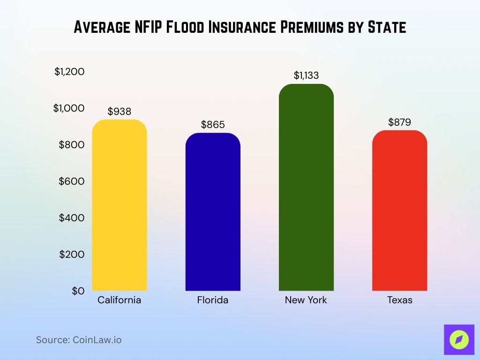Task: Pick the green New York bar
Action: coord(306,187)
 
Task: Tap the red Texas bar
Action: coord(399,211)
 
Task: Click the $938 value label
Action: coord(120,112)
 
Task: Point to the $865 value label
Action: coord(213,125)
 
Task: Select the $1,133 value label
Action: coord(306,75)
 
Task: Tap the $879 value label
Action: coord(399,122)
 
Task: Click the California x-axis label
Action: coord(120,300)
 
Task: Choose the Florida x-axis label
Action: coord(213,300)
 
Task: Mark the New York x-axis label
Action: coord(306,300)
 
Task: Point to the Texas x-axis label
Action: coord(399,300)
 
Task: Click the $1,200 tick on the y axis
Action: coord(69,72)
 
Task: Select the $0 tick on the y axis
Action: coord(78,291)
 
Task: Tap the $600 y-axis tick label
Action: coord(72,181)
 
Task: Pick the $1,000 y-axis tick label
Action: coord(69,108)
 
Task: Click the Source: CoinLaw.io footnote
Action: coord(79,340)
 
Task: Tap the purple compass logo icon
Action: coord(457,339)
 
